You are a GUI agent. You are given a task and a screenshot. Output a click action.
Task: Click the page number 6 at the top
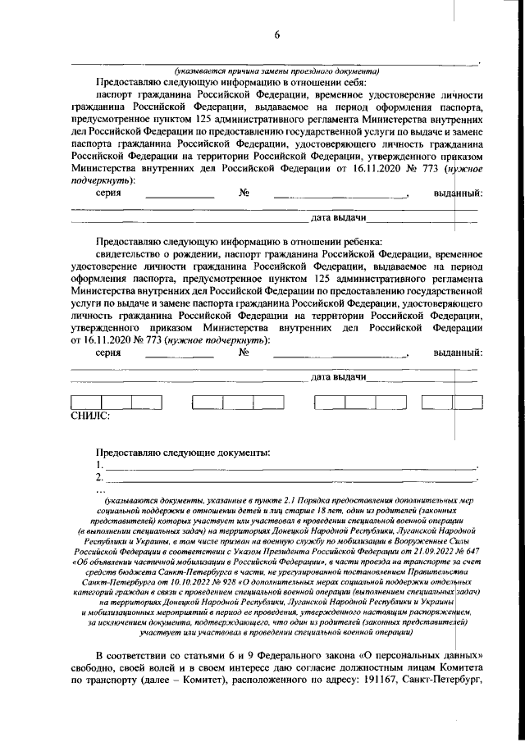tap(276, 34)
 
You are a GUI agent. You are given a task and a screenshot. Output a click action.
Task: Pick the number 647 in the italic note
tap(469, 553)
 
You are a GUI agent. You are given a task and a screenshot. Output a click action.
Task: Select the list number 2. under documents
tap(100, 477)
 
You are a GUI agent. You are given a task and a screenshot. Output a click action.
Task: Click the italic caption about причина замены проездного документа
tap(276, 70)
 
